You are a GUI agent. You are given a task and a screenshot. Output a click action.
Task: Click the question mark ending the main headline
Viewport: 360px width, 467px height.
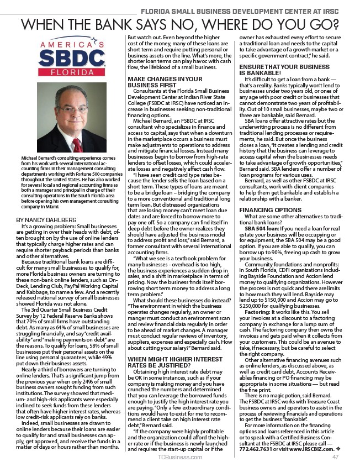(x=333, y=25)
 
